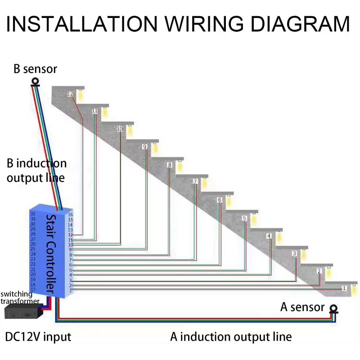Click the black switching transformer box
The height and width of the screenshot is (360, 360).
click(21, 310)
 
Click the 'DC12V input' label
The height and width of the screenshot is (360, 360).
click(38, 336)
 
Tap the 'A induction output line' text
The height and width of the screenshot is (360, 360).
click(231, 337)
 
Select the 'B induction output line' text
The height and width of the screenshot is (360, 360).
click(36, 170)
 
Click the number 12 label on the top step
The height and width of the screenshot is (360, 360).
click(70, 94)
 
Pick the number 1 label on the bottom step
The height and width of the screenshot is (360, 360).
click(344, 288)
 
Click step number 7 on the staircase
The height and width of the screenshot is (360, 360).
click(195, 182)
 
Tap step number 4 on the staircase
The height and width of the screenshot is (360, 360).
click(269, 236)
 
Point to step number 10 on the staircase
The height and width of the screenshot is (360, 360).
click(119, 129)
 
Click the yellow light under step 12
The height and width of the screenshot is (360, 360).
click(81, 96)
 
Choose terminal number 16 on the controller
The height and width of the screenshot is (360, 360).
click(70, 214)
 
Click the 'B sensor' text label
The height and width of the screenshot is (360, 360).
click(35, 69)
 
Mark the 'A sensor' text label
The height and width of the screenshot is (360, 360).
click(302, 307)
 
